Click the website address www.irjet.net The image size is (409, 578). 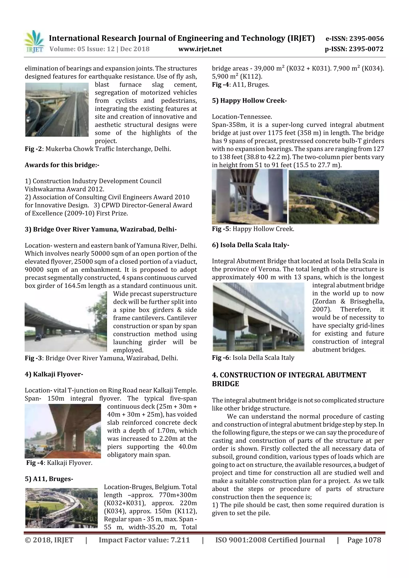pyautogui.click(x=200, y=49)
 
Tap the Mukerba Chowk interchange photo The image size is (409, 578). pyautogui.click(x=57, y=110)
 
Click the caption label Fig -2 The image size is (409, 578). pyautogui.click(x=33, y=149)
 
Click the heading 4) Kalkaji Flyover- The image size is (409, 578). pyautogui.click(x=54, y=374)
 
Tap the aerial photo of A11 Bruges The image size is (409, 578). pyautogui.click(x=62, y=508)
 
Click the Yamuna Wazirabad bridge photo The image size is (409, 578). pyautogui.click(x=66, y=323)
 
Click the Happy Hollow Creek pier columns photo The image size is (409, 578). pyautogui.click(x=249, y=196)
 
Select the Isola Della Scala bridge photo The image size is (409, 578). pyautogui.click(x=259, y=317)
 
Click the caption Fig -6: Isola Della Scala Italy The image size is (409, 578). pyautogui.click(x=253, y=358)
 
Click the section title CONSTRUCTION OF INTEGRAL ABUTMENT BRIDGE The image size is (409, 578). pyautogui.click(x=289, y=379)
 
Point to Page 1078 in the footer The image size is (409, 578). pyautogui.click(x=364, y=540)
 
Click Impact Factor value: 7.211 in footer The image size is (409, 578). pyautogui.click(x=144, y=540)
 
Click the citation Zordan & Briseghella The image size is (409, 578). pyautogui.click(x=348, y=301)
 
